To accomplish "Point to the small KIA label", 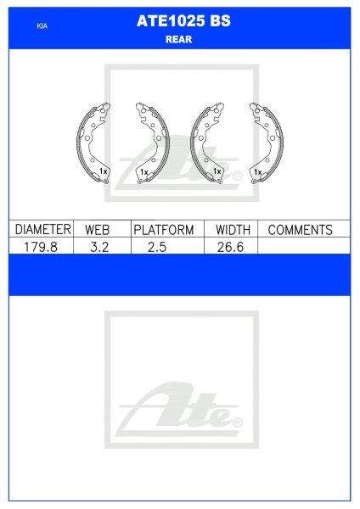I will point(42,27).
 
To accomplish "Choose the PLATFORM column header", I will point(164,230).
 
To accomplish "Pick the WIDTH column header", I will point(232,230).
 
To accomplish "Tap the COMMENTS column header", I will point(300,230).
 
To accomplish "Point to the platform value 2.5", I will point(164,245).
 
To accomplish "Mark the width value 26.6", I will point(232,245).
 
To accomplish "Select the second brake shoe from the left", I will point(153,141).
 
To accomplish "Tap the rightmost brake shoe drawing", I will point(266,141).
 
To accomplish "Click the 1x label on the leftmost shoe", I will point(102,172).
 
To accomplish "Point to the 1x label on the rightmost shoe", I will point(257,172).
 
